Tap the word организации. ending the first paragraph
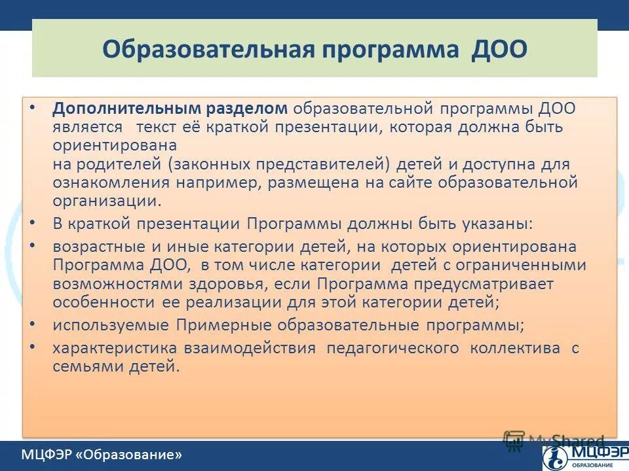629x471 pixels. [x=106, y=201]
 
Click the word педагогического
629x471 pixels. [x=392, y=347]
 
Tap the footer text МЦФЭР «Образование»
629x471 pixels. [x=101, y=455]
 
